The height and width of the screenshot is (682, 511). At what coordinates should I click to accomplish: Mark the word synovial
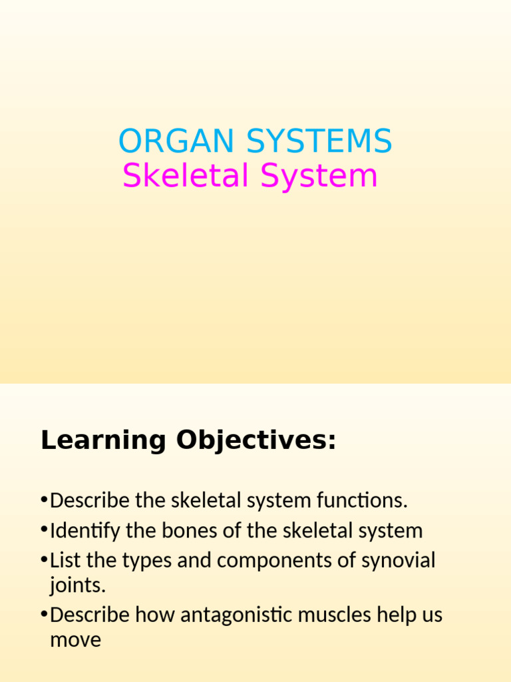[x=398, y=561]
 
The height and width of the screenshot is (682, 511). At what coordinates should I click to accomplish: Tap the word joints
[x=77, y=586]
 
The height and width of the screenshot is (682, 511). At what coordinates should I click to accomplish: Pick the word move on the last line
[x=75, y=640]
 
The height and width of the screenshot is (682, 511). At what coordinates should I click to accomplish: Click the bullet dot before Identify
[x=44, y=530]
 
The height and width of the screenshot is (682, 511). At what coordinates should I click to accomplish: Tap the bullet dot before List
[x=44, y=560]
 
